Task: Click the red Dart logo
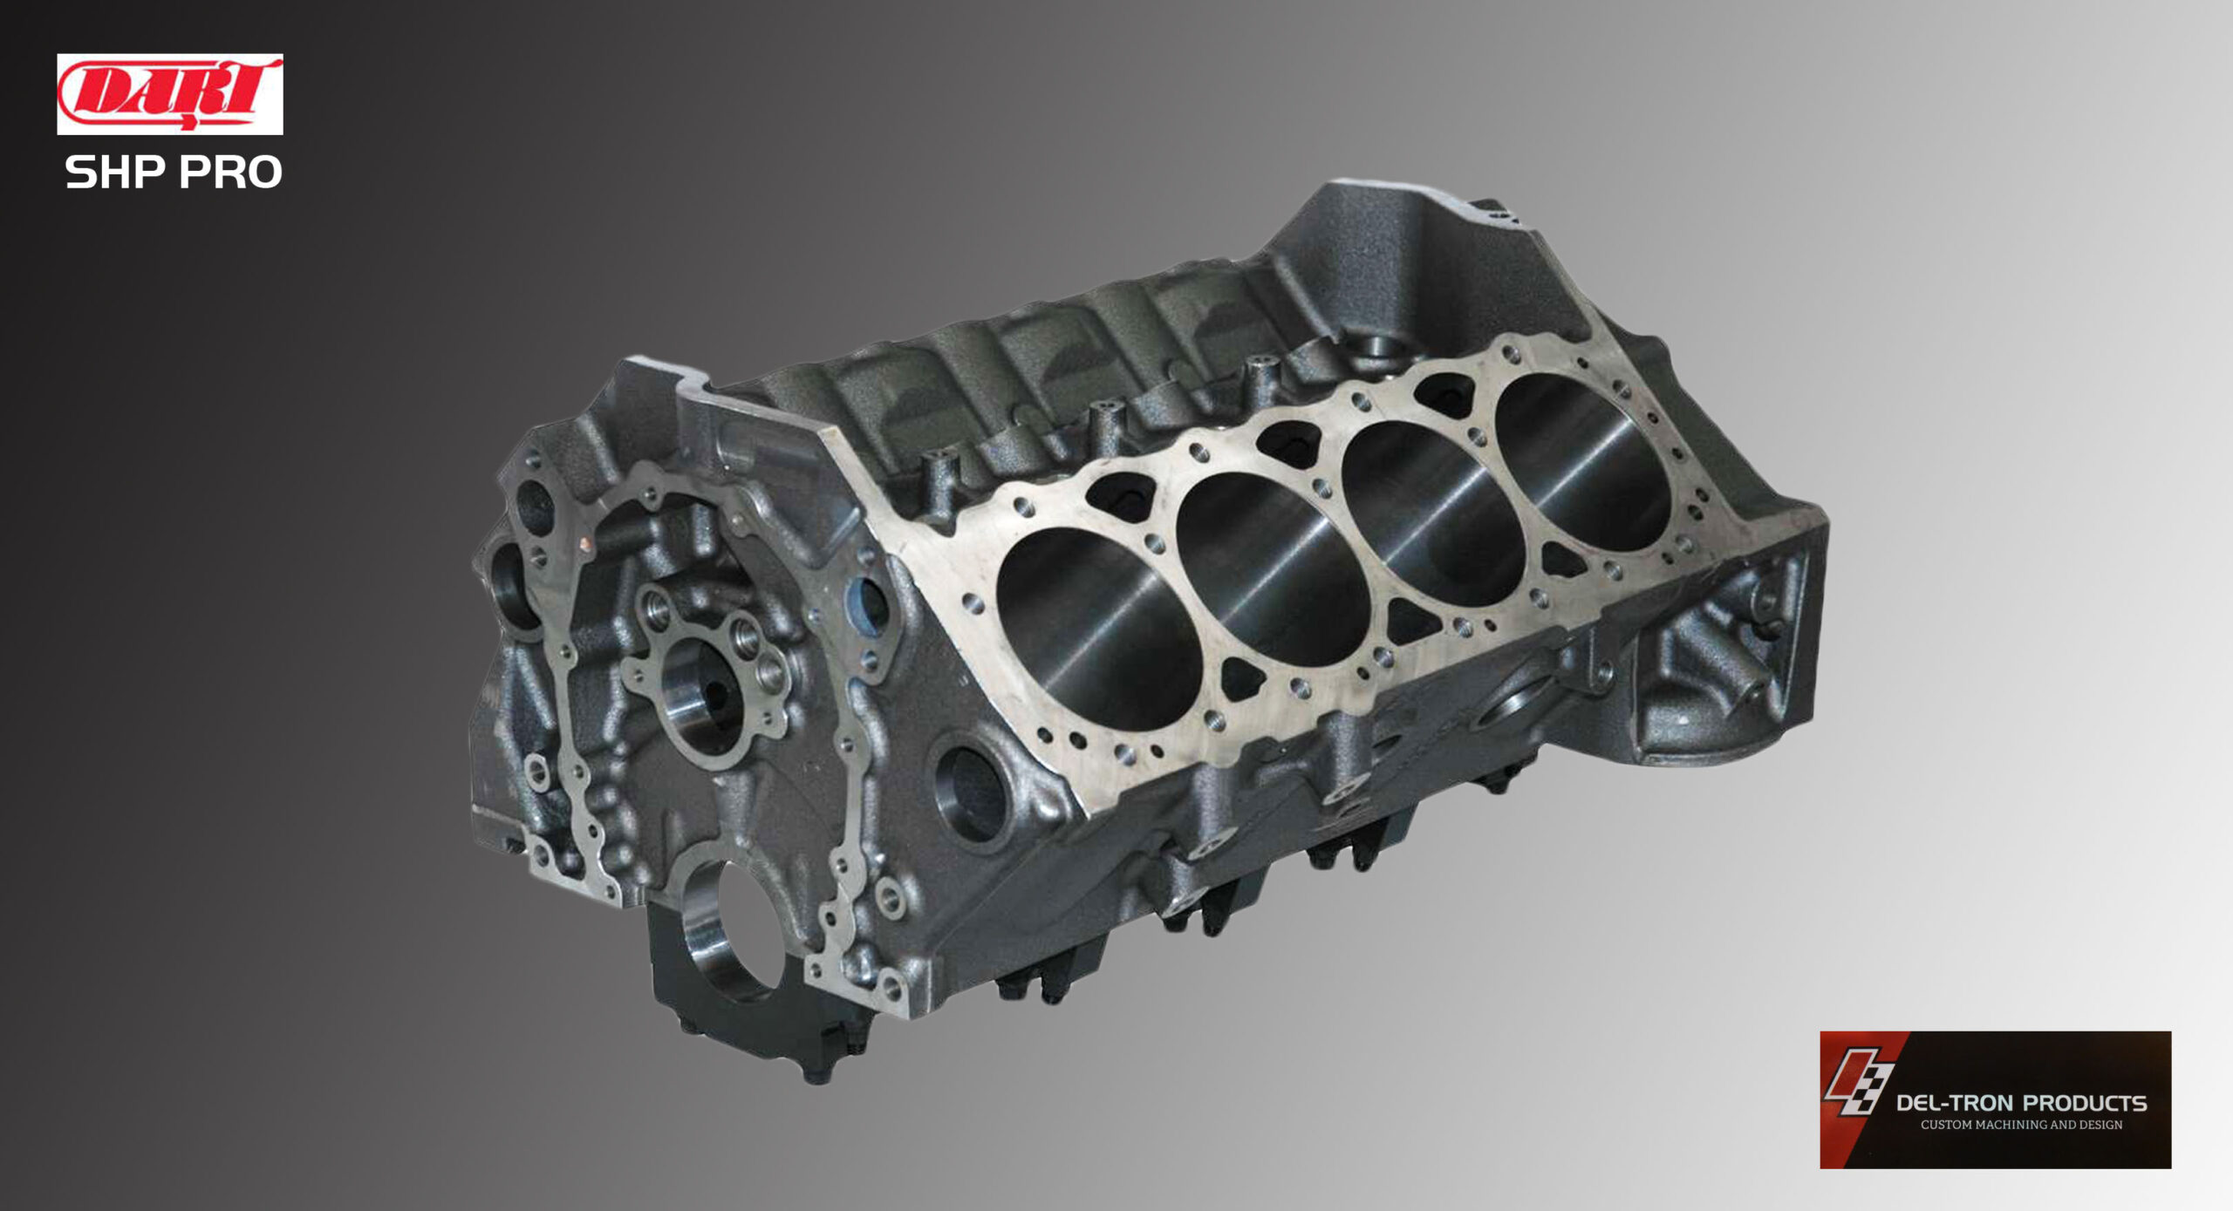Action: tap(170, 94)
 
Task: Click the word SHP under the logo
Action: tap(115, 172)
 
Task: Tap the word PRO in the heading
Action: tap(230, 172)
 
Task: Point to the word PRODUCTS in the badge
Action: tap(2086, 1103)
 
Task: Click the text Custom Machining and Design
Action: tap(2021, 1125)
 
